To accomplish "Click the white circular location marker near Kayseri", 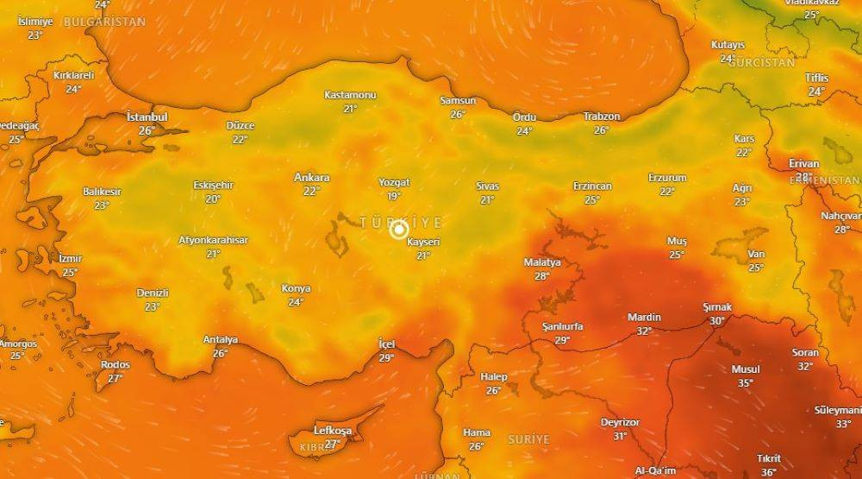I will pos(398,230).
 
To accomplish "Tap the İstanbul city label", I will pos(147,117).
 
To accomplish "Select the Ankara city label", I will pos(311,178).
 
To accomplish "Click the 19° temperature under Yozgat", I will pos(394,196).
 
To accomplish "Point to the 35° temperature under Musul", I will pos(746,382).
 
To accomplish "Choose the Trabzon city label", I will pos(601,117).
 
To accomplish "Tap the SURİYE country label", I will pos(528,439).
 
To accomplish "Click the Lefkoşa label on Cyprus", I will pos(332,431).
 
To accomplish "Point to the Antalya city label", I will pos(220,339).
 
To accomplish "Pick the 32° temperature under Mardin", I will pos(644,331).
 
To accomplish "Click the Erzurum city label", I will pos(667,178).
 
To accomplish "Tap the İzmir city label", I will pos(70,258).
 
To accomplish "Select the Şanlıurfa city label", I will pos(562,326).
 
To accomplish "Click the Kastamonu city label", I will pos(350,95).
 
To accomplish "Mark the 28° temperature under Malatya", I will pos(541,276).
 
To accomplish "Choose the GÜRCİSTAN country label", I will pos(761,63).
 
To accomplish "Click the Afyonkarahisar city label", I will pos(213,240).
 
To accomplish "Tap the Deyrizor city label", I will pos(620,422).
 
